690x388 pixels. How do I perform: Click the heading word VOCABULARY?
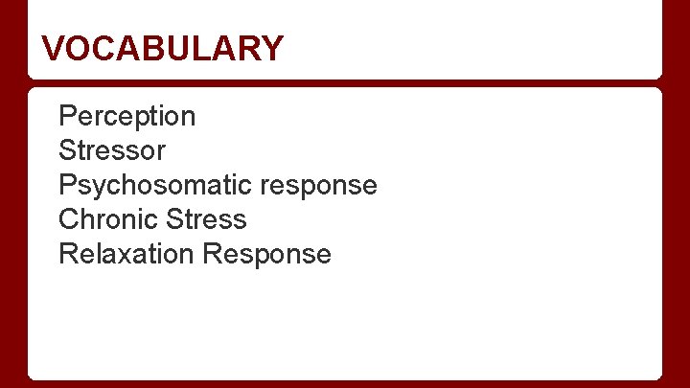(163, 48)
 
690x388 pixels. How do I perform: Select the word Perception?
(126, 117)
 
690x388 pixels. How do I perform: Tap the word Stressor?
(112, 150)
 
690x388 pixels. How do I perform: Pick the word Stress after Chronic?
(206, 219)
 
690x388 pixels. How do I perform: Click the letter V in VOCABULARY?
(54, 48)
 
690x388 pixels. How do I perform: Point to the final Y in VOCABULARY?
(273, 48)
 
